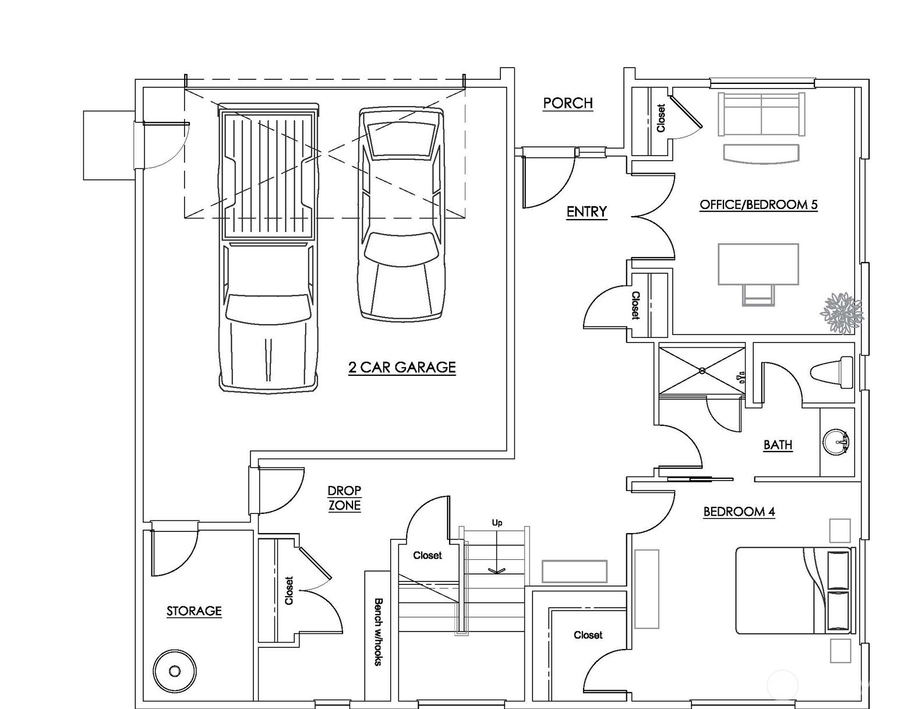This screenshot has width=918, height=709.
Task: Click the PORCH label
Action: click(568, 103)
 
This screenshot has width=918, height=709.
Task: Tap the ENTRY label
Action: click(587, 211)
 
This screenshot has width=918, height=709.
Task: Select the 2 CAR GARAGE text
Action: click(402, 367)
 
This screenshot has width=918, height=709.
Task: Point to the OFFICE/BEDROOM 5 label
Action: click(758, 204)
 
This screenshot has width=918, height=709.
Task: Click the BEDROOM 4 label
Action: click(739, 512)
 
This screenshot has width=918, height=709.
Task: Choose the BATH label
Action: click(778, 445)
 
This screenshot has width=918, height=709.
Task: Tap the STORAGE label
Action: click(194, 611)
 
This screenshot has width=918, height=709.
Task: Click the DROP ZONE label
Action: click(344, 498)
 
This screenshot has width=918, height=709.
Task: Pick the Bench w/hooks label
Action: click(377, 632)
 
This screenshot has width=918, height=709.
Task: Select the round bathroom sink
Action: click(836, 442)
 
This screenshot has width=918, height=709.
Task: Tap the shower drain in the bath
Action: click(702, 371)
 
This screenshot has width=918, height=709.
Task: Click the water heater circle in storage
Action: click(175, 671)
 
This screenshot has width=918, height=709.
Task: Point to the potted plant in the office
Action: click(842, 313)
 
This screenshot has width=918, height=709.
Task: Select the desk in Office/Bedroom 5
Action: click(758, 264)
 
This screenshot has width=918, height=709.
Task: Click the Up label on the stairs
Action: click(497, 523)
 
